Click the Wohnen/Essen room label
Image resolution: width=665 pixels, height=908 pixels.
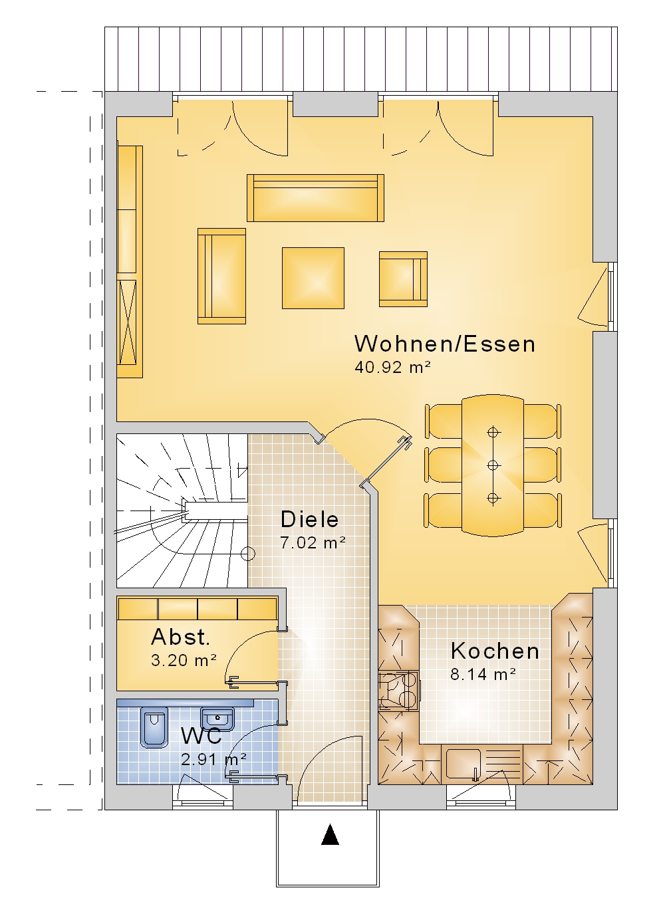(445, 344)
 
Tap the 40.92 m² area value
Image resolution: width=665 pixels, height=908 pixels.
(392, 367)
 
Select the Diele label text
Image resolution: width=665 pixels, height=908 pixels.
(309, 519)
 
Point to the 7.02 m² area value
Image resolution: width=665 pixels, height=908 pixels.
(313, 542)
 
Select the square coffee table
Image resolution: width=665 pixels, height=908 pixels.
(313, 278)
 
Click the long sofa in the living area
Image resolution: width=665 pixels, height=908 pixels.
(315, 198)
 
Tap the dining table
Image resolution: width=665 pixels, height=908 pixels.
(493, 465)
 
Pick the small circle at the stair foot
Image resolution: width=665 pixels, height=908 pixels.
(248, 553)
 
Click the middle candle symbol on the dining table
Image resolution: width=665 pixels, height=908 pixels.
(493, 465)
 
